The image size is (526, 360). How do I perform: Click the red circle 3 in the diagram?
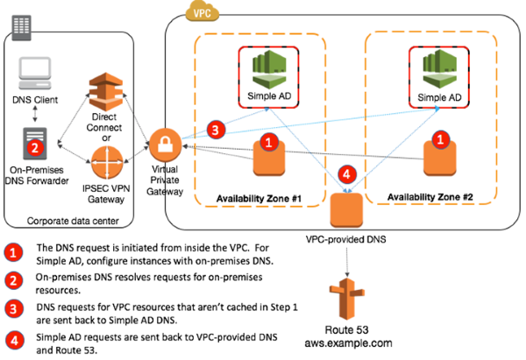coord(212,129)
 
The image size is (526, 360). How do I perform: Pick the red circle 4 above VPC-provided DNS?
coord(347,174)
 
